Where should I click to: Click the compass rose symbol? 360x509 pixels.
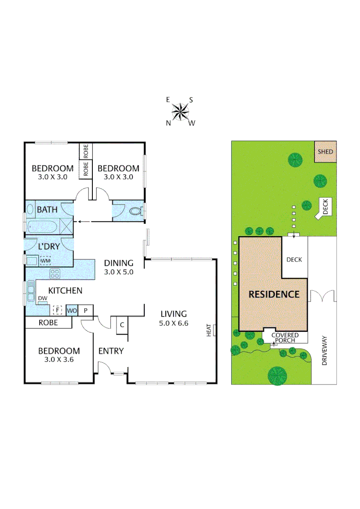tap(180, 112)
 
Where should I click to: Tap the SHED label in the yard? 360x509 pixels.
tap(325, 152)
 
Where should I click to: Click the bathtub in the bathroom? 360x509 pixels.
tap(43, 227)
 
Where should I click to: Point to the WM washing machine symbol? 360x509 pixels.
tap(45, 261)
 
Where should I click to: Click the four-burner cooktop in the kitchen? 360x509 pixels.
tap(55, 273)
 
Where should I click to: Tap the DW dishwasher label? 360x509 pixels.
tap(42, 298)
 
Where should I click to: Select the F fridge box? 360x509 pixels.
tap(57, 310)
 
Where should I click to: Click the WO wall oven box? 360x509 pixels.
tap(72, 310)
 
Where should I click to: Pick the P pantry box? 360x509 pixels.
tap(86, 310)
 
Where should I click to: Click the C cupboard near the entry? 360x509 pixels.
tap(122, 325)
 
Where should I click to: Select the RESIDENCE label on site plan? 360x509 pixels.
tap(274, 295)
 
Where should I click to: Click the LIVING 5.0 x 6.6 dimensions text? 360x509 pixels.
tap(174, 323)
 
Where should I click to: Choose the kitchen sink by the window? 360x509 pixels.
tap(31, 288)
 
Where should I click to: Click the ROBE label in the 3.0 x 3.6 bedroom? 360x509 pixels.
tap(48, 323)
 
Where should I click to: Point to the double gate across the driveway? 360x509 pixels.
tap(323, 296)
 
